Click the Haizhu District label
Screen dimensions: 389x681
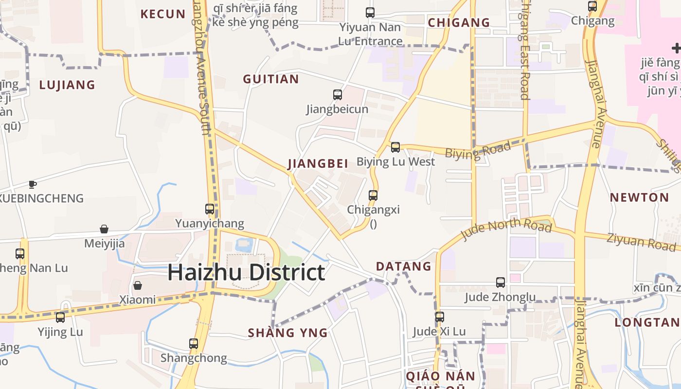click(246, 272)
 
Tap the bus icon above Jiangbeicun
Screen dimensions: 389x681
click(338, 95)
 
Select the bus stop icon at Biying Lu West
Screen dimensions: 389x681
click(395, 147)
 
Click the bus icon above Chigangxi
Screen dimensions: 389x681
click(373, 195)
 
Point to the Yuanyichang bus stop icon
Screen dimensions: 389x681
click(210, 209)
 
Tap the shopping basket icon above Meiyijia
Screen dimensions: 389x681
click(104, 229)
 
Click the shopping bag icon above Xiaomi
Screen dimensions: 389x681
click(138, 285)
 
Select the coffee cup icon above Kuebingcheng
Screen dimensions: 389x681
click(32, 184)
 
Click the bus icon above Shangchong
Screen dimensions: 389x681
click(194, 344)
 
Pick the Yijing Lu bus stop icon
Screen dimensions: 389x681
click(60, 318)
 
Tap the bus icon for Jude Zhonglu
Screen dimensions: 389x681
click(501, 282)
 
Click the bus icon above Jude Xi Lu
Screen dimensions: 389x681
click(440, 317)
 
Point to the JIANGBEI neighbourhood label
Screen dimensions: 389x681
click(318, 164)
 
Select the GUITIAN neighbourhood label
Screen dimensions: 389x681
click(271, 79)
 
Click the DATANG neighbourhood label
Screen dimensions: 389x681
click(404, 266)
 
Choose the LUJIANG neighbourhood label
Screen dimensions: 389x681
click(67, 85)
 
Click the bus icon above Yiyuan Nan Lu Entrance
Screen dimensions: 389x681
click(370, 13)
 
